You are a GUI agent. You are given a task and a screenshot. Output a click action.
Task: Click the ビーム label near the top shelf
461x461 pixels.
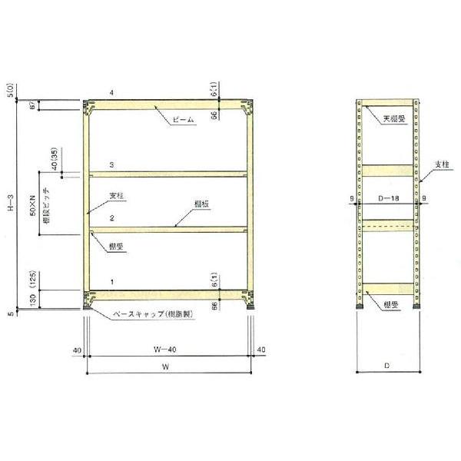click(x=184, y=121)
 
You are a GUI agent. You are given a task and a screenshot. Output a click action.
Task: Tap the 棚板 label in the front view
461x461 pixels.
click(x=202, y=204)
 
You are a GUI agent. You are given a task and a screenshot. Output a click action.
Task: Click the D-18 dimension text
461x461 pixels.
click(x=389, y=197)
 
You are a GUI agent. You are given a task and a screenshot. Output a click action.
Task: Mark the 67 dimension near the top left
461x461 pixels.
click(x=32, y=105)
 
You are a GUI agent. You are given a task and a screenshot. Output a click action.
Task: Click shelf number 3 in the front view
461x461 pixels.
click(x=112, y=165)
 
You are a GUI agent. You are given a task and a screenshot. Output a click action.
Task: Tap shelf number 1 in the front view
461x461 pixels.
click(x=112, y=283)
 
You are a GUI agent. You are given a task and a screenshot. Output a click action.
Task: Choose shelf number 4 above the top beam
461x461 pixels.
click(x=112, y=93)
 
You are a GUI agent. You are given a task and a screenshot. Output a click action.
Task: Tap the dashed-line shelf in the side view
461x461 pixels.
click(x=389, y=224)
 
